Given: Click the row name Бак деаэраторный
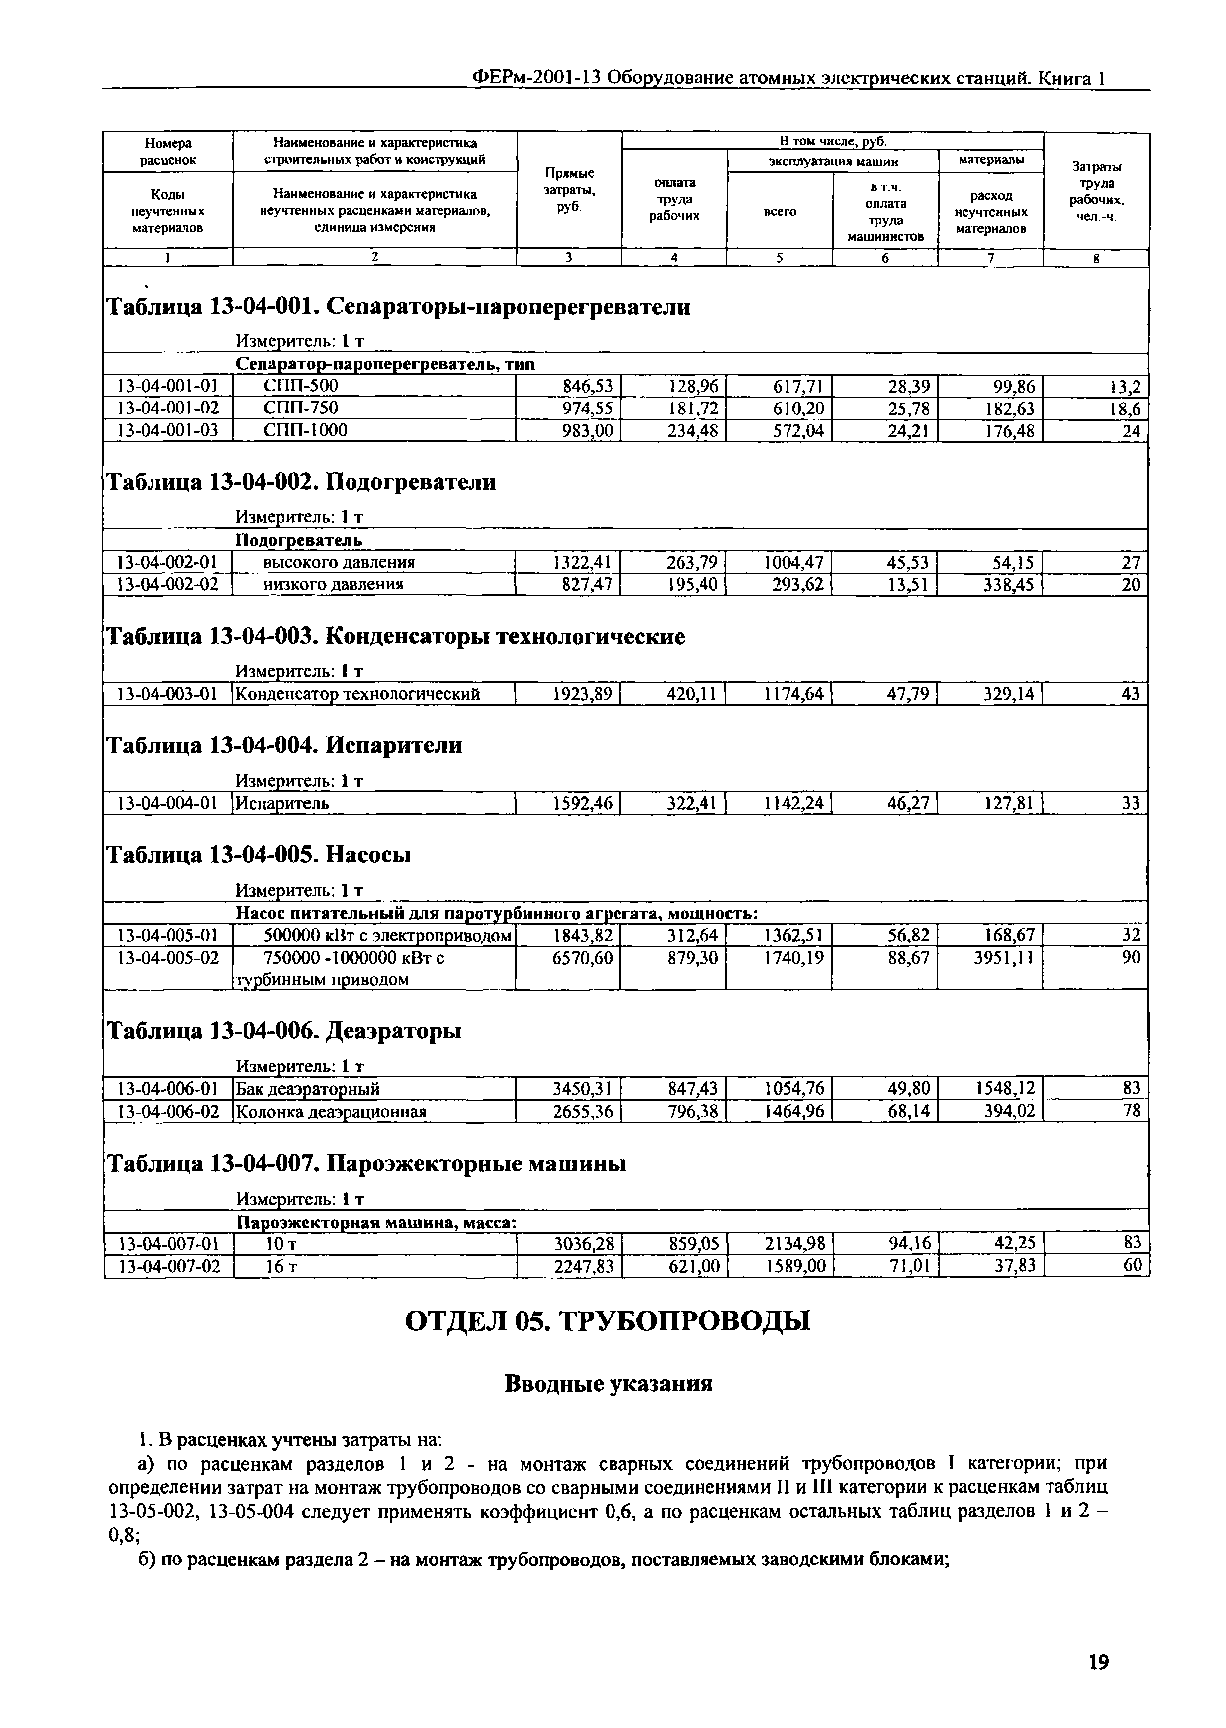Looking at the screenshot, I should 308,1089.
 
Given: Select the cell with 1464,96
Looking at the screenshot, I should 795,1112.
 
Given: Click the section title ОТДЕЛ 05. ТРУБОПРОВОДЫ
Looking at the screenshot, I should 608,1321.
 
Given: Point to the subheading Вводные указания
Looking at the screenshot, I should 608,1384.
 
